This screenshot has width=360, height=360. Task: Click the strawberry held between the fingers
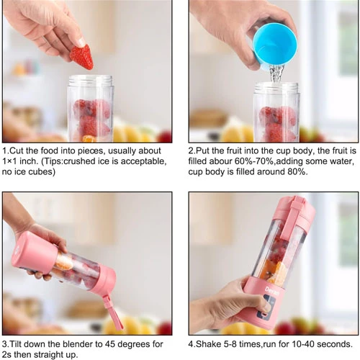click(81, 57)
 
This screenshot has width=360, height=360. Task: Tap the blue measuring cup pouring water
click(274, 49)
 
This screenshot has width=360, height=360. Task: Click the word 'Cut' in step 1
click(17, 150)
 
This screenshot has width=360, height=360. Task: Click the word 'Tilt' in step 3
click(16, 344)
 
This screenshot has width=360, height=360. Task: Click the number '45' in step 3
click(109, 344)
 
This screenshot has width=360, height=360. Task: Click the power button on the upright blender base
click(264, 314)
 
